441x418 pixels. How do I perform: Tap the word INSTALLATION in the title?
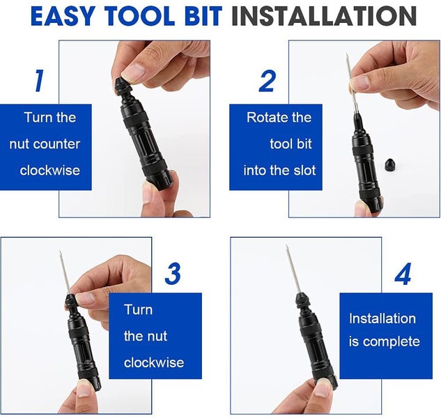[324, 16]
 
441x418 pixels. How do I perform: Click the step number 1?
[39, 81]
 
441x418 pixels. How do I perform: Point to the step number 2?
[267, 81]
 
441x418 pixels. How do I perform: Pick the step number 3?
[173, 273]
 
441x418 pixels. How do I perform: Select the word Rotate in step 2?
[265, 118]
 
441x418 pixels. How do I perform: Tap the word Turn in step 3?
[139, 310]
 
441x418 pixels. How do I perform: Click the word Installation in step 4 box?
[382, 318]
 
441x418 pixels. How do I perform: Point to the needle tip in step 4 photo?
[286, 245]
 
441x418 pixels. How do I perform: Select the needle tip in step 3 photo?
[60, 251]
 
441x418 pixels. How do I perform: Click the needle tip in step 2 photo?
[347, 54]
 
